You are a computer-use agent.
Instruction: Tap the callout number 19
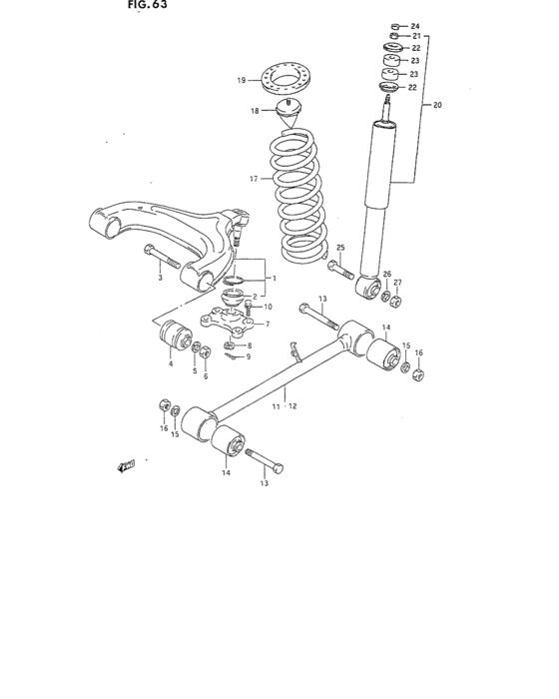pos(241,81)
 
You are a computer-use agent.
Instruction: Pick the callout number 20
pos(435,103)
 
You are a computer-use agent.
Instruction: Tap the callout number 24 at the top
pos(415,25)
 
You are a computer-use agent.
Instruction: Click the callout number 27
pos(397,283)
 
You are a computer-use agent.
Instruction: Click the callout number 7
pos(268,324)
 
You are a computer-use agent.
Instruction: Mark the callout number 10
pos(268,307)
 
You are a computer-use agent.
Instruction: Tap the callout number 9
pos(248,356)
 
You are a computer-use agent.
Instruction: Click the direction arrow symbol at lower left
pos(125,465)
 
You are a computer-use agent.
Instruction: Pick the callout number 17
pos(254,179)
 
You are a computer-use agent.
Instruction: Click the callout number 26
pos(386,274)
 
